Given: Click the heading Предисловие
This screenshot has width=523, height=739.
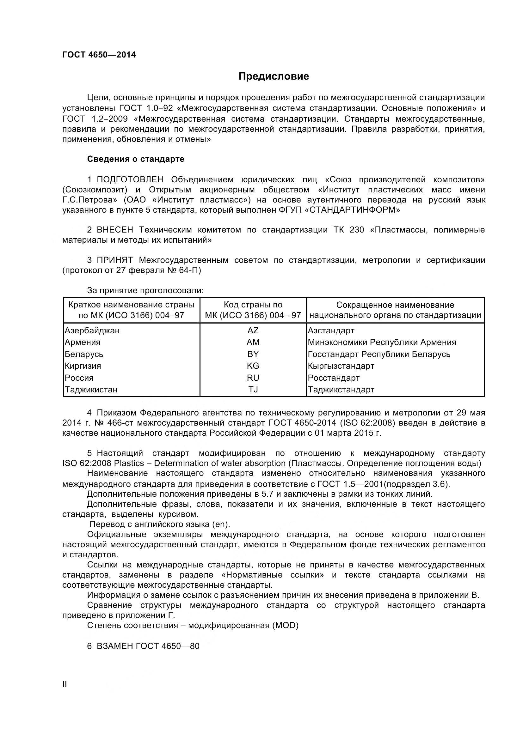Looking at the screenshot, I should pyautogui.click(x=274, y=76).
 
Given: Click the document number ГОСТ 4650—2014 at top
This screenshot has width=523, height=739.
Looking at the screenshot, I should pyautogui.click(x=99, y=55).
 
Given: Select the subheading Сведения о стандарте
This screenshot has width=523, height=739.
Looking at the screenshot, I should pyautogui.click(x=136, y=159).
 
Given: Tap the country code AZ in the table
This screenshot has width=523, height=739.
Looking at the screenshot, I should pyautogui.click(x=253, y=330).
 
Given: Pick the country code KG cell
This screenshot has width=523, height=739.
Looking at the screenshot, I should pyautogui.click(x=253, y=366).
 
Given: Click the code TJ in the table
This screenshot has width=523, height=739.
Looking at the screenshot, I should pyautogui.click(x=253, y=390).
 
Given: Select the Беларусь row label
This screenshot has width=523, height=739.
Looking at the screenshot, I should pyautogui.click(x=84, y=354).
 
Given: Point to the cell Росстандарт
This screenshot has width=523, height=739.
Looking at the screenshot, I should pyautogui.click(x=333, y=378).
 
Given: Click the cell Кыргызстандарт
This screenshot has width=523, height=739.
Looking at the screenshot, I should pyautogui.click(x=341, y=366).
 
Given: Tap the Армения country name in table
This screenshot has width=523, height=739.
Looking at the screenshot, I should pyautogui.click(x=83, y=342).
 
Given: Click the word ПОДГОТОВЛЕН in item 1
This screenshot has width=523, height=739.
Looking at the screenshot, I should pyautogui.click(x=130, y=179).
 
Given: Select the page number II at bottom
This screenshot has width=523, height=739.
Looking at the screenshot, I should pyautogui.click(x=65, y=685).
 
